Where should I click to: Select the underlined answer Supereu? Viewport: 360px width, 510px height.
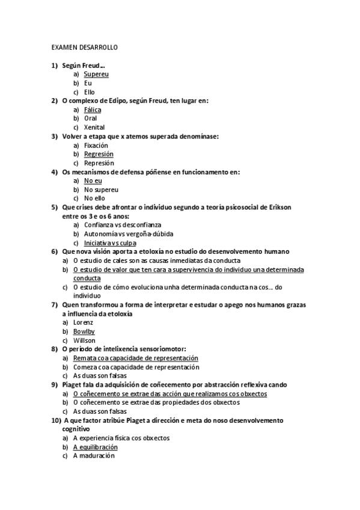[x=96, y=74]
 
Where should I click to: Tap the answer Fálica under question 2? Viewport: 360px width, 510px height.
[x=93, y=110]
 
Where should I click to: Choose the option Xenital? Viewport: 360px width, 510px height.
[x=94, y=127]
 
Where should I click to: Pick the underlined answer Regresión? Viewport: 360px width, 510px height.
[x=99, y=154]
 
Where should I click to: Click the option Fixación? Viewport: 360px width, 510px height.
[x=96, y=146]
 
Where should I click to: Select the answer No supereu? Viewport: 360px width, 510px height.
[x=101, y=189]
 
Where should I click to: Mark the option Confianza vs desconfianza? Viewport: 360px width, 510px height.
[x=123, y=225]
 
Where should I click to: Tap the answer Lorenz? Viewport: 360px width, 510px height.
[x=83, y=322]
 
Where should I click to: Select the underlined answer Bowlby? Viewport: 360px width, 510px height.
[x=84, y=331]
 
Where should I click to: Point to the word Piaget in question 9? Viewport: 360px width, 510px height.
[x=72, y=384]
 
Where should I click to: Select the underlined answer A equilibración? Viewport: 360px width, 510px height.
[x=95, y=447]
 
